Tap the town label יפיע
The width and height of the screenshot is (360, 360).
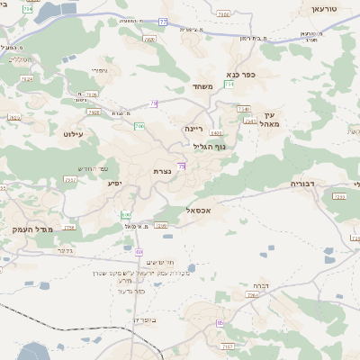click(x=114, y=183)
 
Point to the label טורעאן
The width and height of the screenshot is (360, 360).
click(x=323, y=8)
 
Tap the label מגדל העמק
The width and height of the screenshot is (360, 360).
click(x=34, y=229)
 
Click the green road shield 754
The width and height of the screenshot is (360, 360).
click(x=230, y=84)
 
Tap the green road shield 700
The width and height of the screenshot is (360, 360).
click(x=139, y=126)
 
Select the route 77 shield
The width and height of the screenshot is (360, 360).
click(x=162, y=21)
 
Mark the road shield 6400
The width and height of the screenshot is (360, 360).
click(x=217, y=133)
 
